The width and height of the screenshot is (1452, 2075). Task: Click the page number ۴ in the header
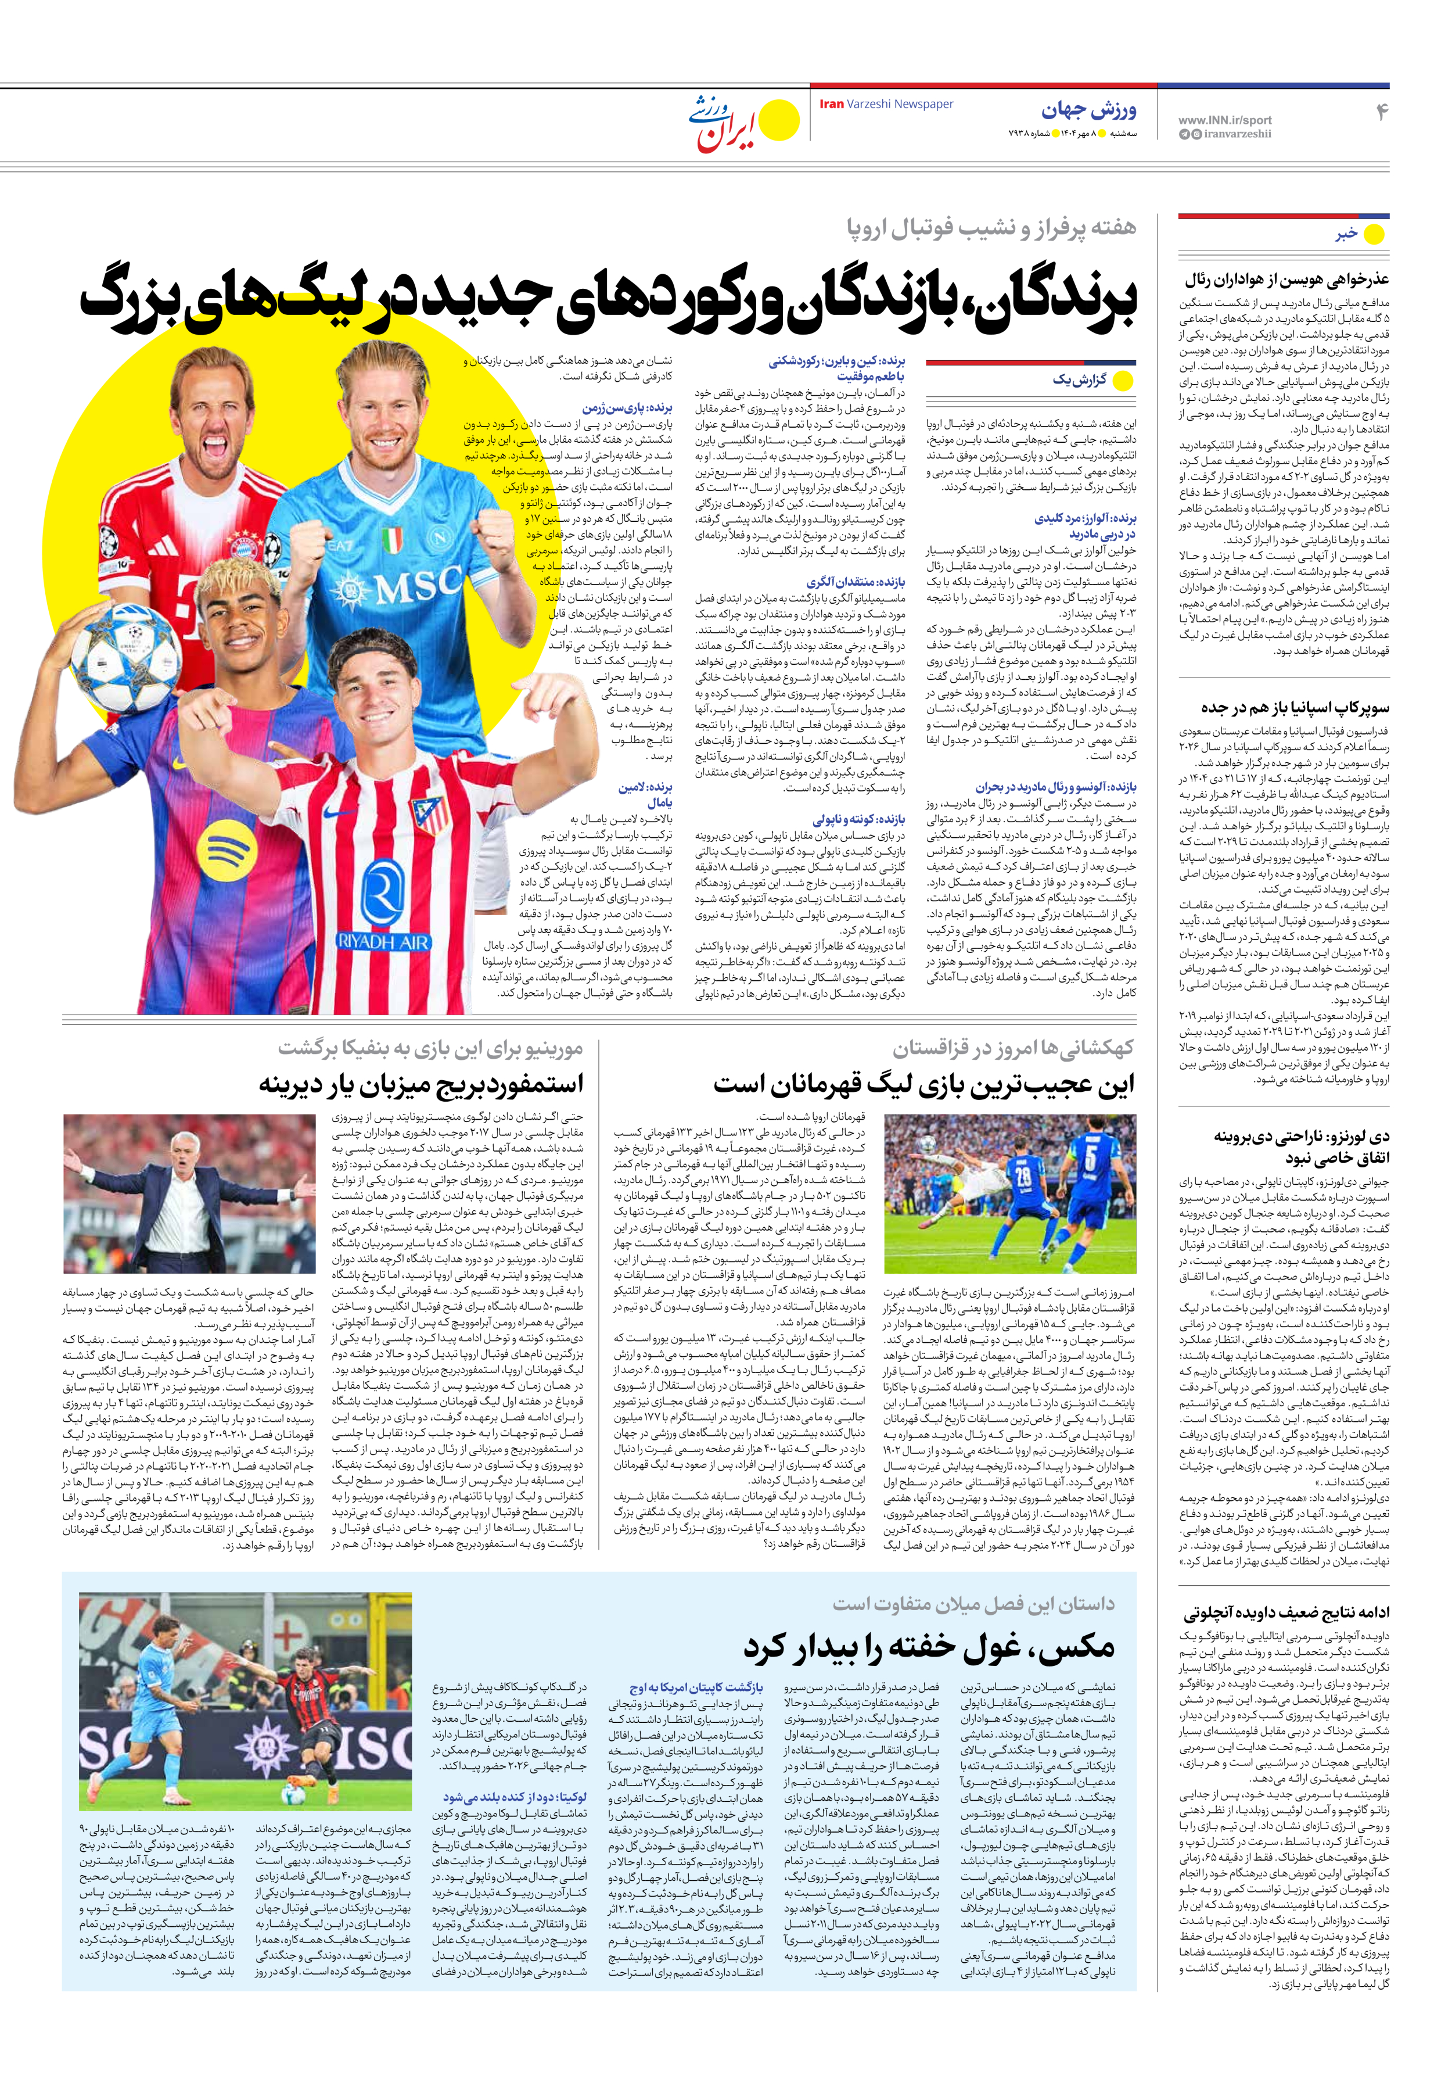coord(1381,112)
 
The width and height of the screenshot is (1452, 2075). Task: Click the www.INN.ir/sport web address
coord(1224,119)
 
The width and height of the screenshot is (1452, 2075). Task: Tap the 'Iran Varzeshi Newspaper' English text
coord(886,104)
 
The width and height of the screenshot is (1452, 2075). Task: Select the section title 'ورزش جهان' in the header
coord(1089,110)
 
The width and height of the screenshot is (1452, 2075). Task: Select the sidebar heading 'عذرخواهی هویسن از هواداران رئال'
coord(1286,279)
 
